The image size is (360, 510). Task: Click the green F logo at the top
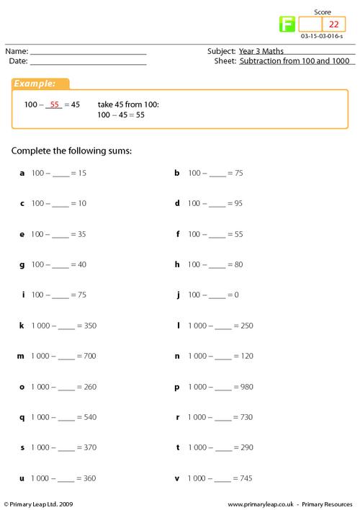point(287,25)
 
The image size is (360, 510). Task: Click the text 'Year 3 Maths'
point(259,51)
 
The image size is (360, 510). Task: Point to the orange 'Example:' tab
point(40,84)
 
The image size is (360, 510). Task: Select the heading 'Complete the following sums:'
point(72,151)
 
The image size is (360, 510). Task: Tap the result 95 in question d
point(238,204)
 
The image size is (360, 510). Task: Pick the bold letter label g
point(22,264)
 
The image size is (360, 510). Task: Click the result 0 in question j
point(235,295)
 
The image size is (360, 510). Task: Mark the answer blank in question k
point(66,326)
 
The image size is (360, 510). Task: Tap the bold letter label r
point(177,417)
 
